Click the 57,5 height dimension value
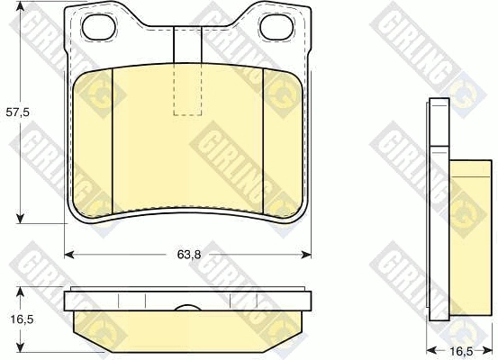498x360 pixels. tap(17, 112)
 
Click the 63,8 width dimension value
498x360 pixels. tap(189, 255)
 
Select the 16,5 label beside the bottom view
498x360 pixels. tap(22, 319)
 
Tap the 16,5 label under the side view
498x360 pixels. tap(461, 352)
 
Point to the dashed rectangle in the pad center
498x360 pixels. tap(187, 89)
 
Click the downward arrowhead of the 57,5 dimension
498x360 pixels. tap(21, 218)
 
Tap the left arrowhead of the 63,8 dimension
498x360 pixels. tap(69, 255)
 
